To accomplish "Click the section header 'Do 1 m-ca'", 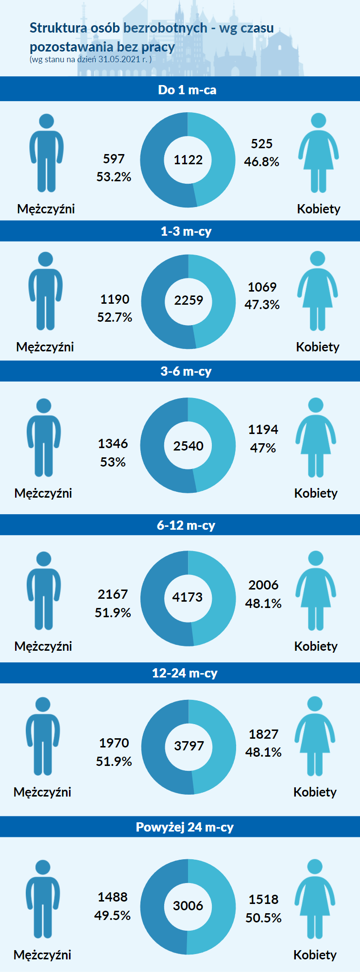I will pos(187,90).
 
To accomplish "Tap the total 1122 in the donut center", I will pos(188,160).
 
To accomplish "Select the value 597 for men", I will pos(114,159).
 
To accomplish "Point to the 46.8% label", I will pos(261,162).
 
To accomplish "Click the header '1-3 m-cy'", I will pos(186,231).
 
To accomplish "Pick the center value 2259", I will pos(189,300).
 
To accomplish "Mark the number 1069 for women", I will pos(262,287).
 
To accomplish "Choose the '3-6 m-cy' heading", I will pos(186,371).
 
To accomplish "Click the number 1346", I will pos(113,444).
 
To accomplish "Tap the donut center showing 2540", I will pos(188,446).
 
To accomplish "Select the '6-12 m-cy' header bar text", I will pos(186,525).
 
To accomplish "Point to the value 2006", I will pos(263,585).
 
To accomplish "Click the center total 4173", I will pos(187,597).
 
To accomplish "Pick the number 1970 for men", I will pos(114,743).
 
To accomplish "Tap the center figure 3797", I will pos(189,746).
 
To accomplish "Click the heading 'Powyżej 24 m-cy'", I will pos(185,827).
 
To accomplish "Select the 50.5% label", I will pos(263,918).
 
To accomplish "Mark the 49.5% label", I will pos(113,916).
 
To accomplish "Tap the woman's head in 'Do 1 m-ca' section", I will pos(318,121).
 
